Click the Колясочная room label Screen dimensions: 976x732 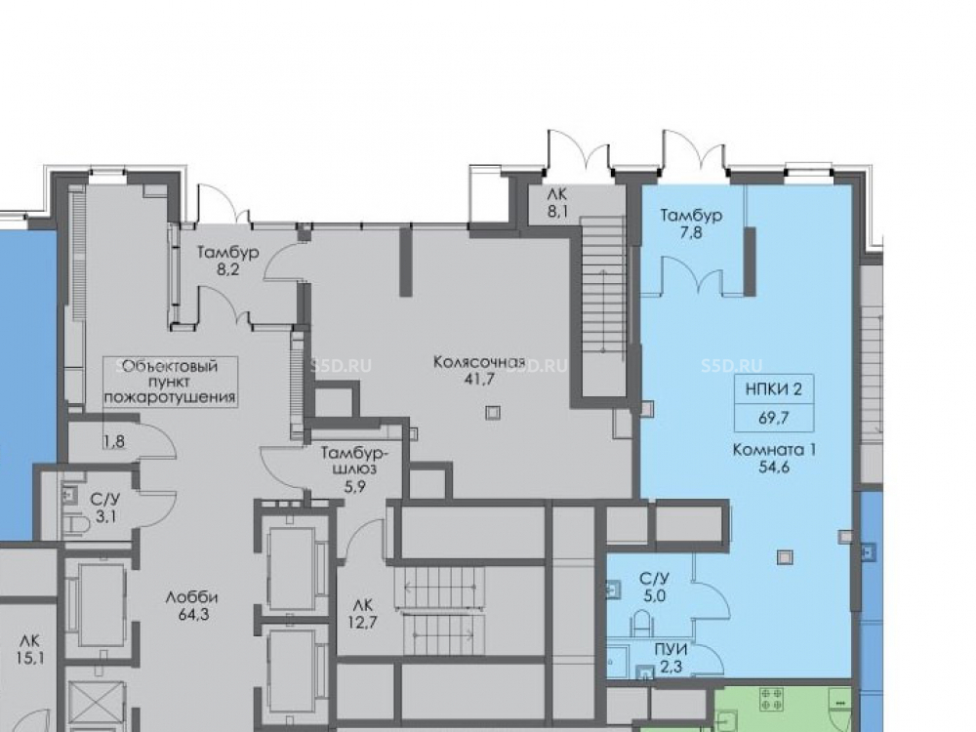point(479,362)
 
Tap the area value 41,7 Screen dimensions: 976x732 point(479,379)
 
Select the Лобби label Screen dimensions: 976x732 point(191,597)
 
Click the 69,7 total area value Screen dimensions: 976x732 point(774,418)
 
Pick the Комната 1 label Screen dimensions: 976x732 point(774,449)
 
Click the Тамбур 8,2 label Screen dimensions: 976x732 point(227,261)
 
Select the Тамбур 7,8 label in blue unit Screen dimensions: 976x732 point(691,224)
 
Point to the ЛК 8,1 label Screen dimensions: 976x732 point(557,203)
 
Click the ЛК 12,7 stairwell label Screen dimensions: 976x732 point(362,613)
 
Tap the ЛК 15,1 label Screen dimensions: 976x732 point(30,649)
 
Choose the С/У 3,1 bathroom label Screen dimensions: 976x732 point(105,508)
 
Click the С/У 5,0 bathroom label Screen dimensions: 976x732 point(655,587)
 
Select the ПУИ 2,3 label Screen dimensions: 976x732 point(671,659)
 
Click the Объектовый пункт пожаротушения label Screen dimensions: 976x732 point(170,382)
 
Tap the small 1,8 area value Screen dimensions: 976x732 point(114,442)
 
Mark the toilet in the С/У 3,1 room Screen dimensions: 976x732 point(77,525)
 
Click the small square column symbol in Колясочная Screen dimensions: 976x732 point(493,413)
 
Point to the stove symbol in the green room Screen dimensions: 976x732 point(771,699)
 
